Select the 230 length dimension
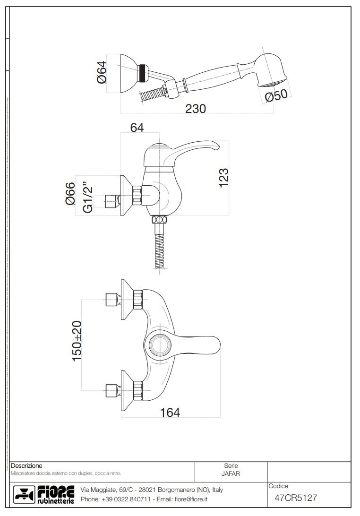(195, 109)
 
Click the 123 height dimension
(223, 178)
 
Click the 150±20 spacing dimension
(77, 341)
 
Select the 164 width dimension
(170, 413)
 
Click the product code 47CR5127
(295, 498)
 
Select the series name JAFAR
(231, 474)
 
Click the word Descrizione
(26, 466)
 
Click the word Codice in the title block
(278, 486)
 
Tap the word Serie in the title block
(231, 466)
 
